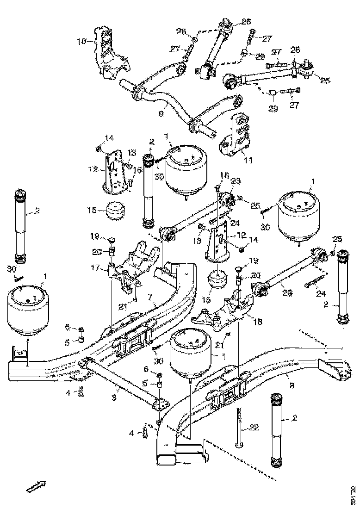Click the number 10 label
point(81,41)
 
